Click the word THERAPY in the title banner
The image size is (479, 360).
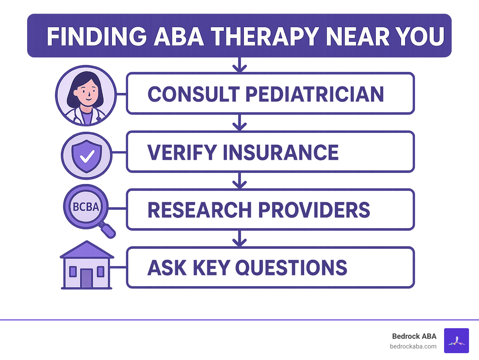tap(265, 36)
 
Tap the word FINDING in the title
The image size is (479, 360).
tap(97, 36)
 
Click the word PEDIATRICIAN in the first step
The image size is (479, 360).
tap(315, 94)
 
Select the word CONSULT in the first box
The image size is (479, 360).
tap(193, 94)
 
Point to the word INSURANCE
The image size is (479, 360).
tap(280, 152)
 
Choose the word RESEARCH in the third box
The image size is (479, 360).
tap(200, 210)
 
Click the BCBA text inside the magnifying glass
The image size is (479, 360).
tap(86, 207)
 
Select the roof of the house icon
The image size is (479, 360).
tap(87, 250)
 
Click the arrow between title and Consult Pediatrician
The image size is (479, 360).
tap(239, 65)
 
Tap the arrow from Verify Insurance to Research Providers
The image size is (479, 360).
tap(239, 181)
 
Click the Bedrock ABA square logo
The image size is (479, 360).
tap(456, 340)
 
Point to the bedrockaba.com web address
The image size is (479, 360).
tap(413, 346)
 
